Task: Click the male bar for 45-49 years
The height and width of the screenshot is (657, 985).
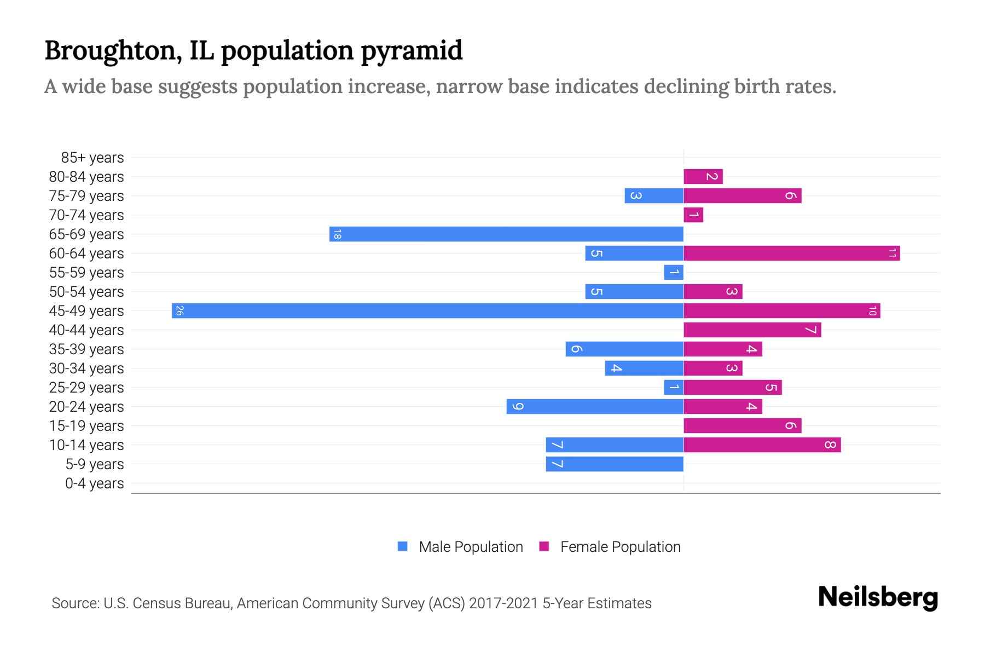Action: pos(427,310)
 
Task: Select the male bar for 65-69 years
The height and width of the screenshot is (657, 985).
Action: pos(506,234)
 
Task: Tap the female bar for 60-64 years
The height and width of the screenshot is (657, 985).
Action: pos(791,253)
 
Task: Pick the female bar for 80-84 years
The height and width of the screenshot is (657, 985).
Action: pos(703,176)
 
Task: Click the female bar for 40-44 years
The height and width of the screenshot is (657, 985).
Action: pos(752,330)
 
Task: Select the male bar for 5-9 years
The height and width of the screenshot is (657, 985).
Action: pos(615,464)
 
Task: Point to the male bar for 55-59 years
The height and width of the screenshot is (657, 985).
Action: pos(674,272)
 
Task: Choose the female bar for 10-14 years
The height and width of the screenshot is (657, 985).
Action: pos(762,445)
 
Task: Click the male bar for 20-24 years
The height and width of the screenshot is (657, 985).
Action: pos(595,406)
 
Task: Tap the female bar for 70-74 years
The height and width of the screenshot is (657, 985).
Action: pos(693,215)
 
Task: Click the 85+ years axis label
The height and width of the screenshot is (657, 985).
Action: pos(92,158)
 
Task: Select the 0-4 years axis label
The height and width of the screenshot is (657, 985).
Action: pos(94,483)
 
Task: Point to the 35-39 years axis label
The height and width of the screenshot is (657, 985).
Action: pos(86,349)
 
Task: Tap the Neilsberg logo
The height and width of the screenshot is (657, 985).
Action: pos(878,597)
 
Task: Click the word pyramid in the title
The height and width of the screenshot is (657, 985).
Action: pos(412,50)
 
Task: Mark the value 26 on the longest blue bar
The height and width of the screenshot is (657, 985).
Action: pos(179,310)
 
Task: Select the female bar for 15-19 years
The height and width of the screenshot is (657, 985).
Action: pos(742,425)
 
